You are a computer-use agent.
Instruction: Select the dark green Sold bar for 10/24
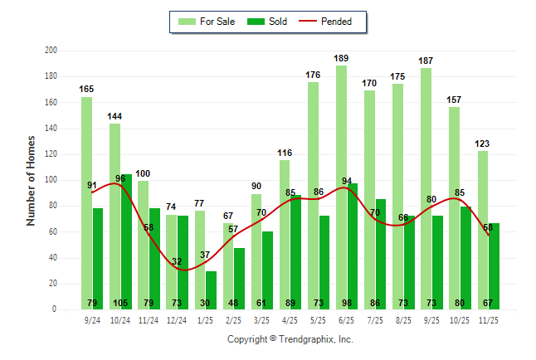(x=126, y=241)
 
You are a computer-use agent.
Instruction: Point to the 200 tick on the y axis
(x=51, y=51)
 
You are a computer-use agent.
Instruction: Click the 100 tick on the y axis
(x=51, y=180)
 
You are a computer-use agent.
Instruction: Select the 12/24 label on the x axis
(x=177, y=319)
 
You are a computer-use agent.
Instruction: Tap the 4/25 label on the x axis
(x=290, y=319)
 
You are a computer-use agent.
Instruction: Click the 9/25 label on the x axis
(x=431, y=319)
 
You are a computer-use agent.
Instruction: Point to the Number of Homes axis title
(x=32, y=180)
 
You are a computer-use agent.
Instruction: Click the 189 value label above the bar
(x=341, y=58)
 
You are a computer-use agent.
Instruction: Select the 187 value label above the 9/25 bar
(x=426, y=61)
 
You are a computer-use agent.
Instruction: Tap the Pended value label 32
(x=177, y=262)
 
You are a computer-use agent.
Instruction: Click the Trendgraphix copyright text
(x=290, y=339)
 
